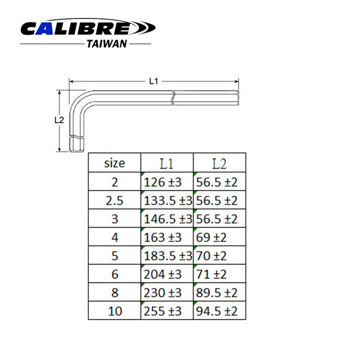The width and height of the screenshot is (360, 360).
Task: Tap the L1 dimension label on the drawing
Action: tap(153, 82)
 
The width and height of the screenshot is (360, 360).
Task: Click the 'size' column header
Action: tap(115, 164)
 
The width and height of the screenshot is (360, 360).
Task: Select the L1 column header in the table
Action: tap(166, 164)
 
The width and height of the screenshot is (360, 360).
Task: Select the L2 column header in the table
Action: tap(219, 164)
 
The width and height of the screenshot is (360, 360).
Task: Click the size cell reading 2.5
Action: tap(115, 200)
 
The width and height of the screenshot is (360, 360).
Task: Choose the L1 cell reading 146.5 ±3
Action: tap(166, 219)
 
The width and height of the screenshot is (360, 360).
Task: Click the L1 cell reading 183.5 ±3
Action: tap(166, 256)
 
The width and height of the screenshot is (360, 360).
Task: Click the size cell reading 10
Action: tap(115, 311)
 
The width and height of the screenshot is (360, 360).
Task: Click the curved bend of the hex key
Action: tap(79, 101)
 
